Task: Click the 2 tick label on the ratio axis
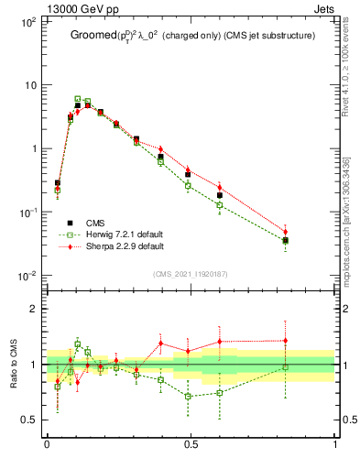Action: (x=34, y=309)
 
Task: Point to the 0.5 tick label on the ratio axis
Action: (x=29, y=420)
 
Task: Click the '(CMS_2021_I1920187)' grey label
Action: (x=191, y=272)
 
